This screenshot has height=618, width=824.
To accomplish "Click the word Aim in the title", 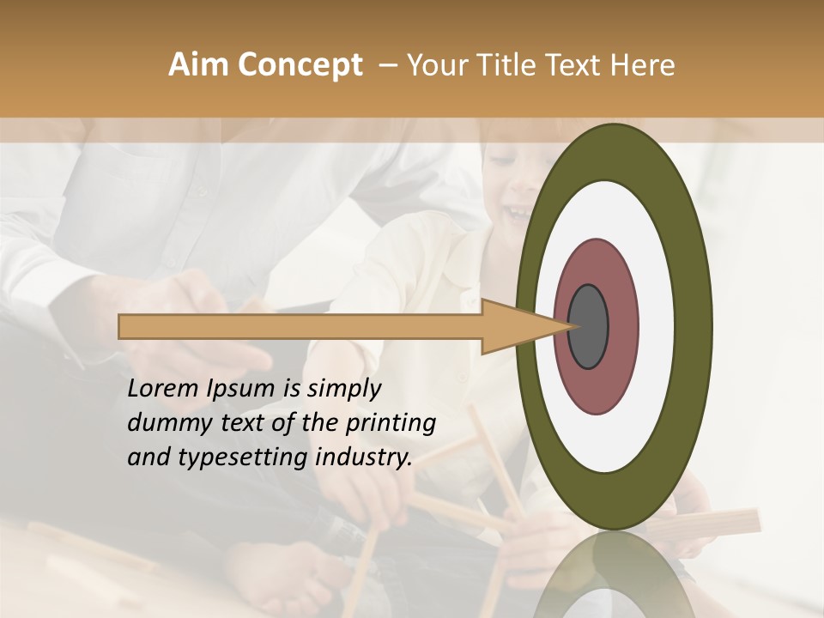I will [x=199, y=64].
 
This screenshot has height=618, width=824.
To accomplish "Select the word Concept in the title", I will [x=299, y=64].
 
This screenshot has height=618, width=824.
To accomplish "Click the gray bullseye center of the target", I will [x=588, y=327].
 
